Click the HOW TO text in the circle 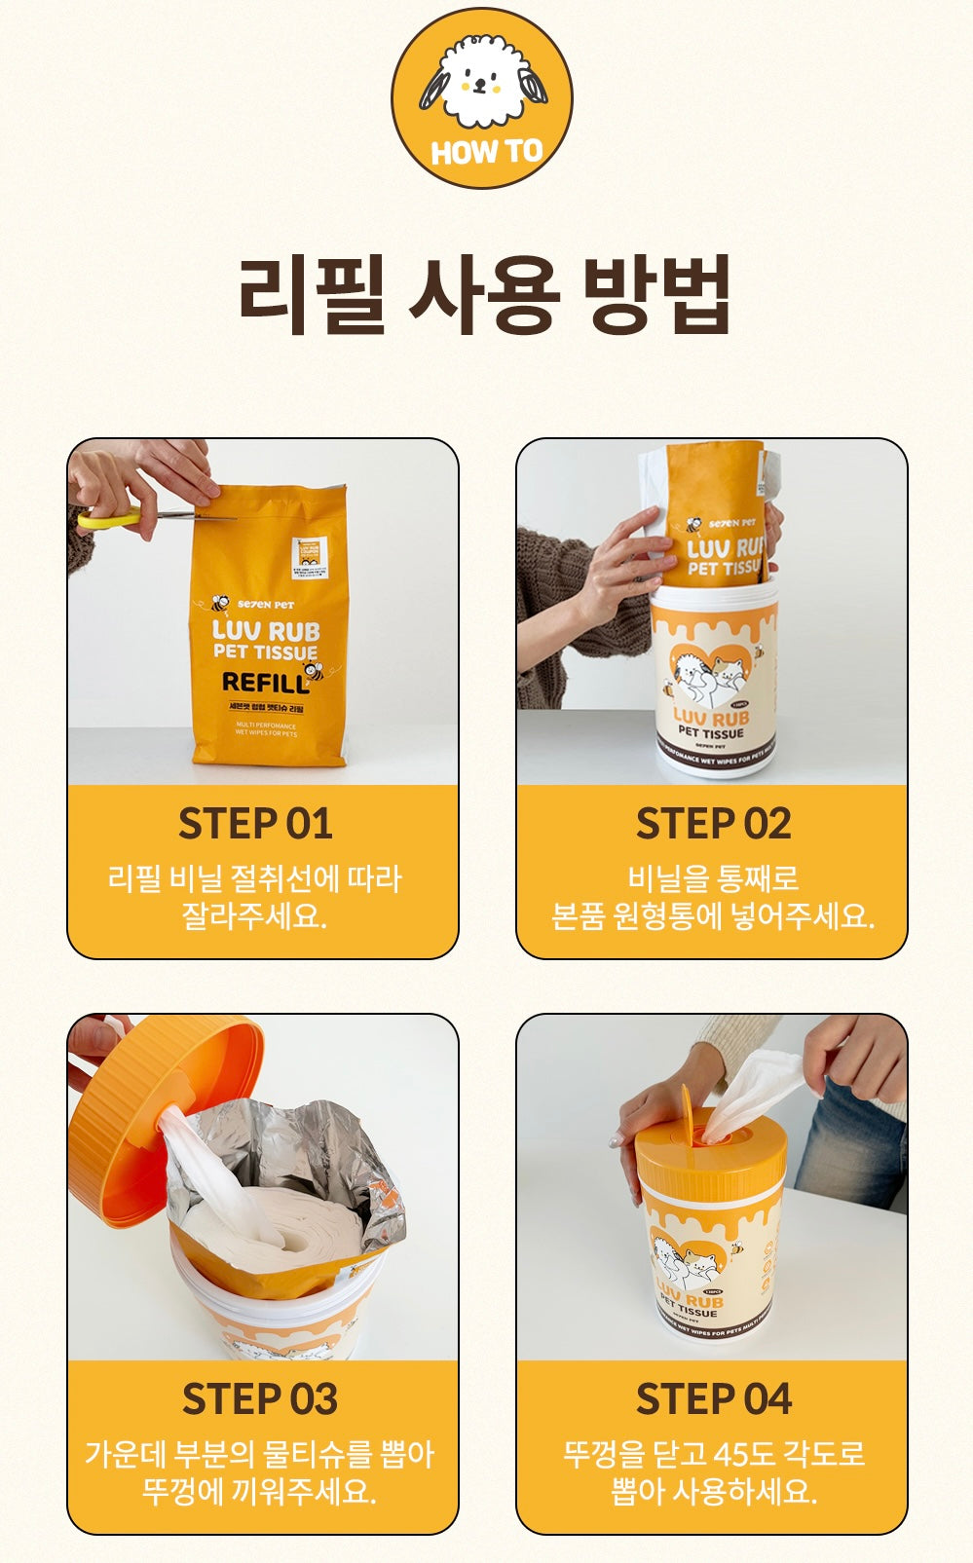[485, 152]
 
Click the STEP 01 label [255, 824]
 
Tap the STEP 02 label [713, 824]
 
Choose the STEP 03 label [259, 1399]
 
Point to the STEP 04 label [713, 1399]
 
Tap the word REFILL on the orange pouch [265, 683]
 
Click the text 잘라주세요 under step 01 [253, 916]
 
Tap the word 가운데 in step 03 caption [125, 1455]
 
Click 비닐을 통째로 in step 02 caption [712, 878]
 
